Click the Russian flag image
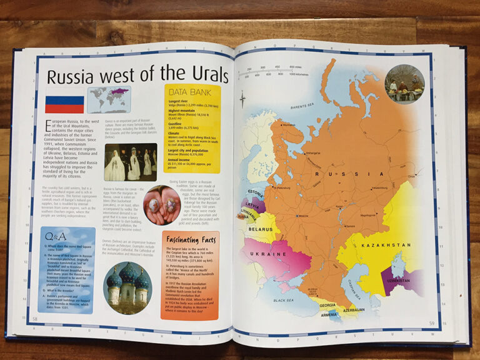pyautogui.click(x=64, y=102)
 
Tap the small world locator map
pyautogui.click(x=109, y=99)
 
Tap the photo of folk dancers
pyautogui.click(x=131, y=162)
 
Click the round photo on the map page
pyautogui.click(x=405, y=83)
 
